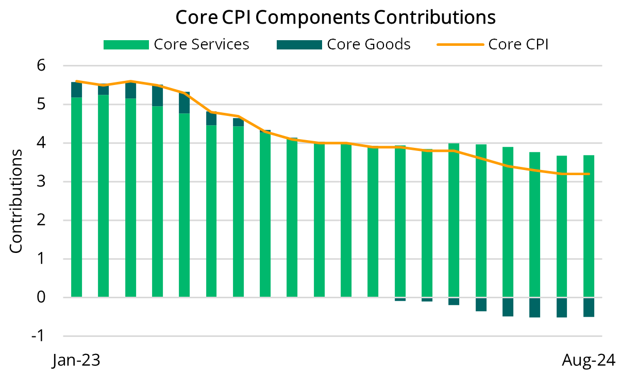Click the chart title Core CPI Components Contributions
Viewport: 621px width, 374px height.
(x=335, y=17)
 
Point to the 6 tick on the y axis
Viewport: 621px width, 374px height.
(x=41, y=66)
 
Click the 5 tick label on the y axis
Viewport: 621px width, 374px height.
(x=41, y=105)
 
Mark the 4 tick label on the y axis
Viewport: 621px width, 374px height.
(x=41, y=143)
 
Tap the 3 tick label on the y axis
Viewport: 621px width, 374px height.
(x=41, y=182)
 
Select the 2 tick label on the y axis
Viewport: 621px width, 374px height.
(x=41, y=220)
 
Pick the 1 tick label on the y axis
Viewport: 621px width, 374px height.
(x=41, y=259)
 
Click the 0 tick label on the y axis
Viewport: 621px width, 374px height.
(x=41, y=298)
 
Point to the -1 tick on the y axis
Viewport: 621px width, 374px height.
(x=38, y=336)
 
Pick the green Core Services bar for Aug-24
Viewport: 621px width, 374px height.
(x=589, y=227)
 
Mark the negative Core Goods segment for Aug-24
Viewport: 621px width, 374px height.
(x=589, y=308)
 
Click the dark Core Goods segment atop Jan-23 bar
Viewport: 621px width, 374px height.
(x=76, y=90)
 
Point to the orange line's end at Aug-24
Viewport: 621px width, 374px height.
(x=589, y=174)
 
